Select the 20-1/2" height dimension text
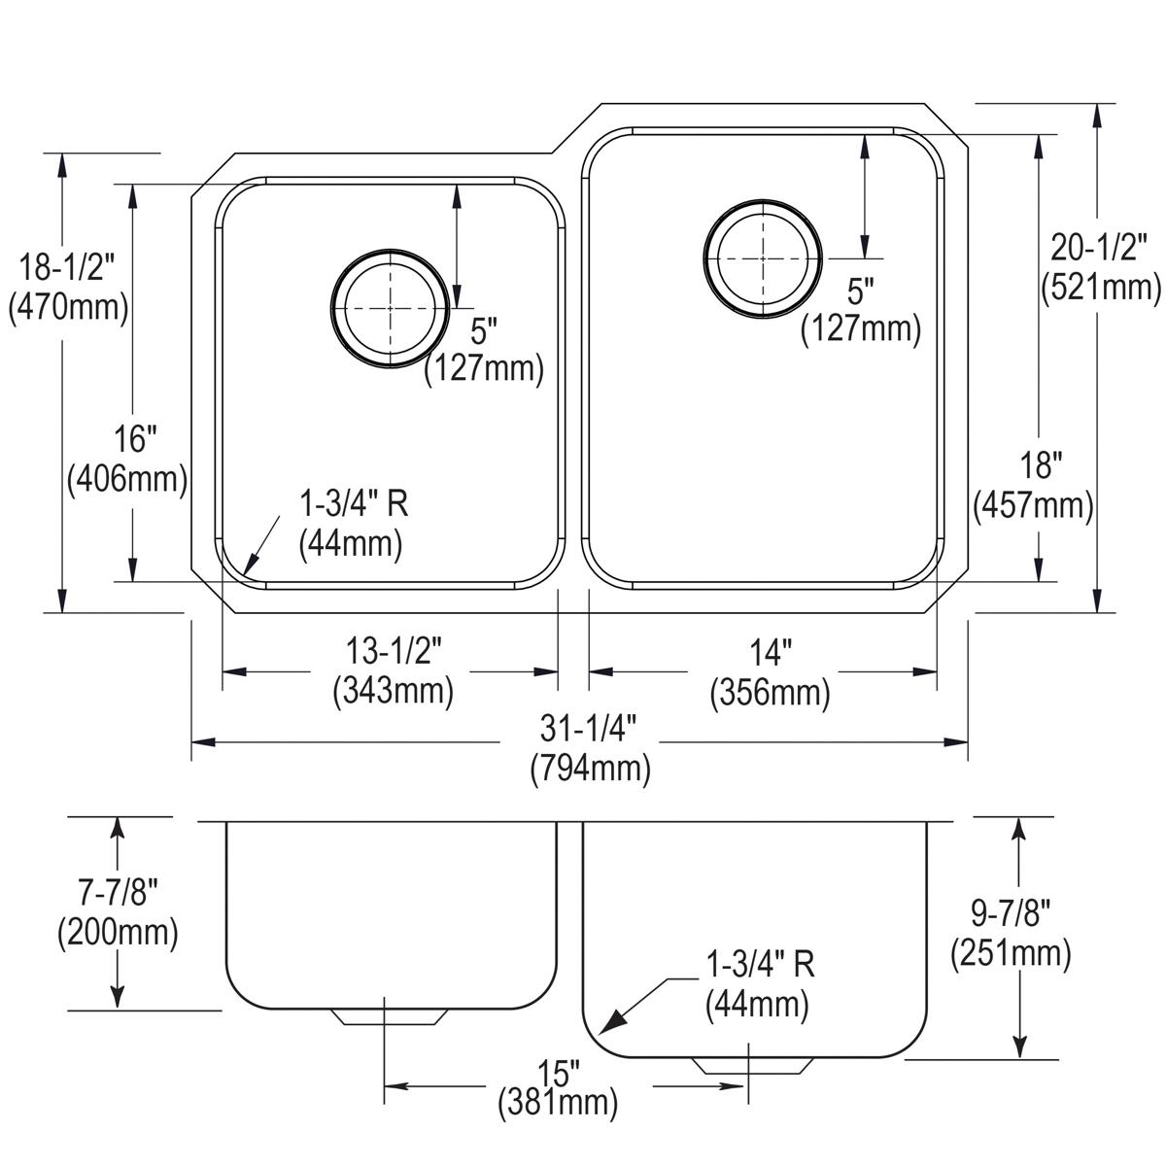1100,249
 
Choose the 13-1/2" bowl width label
394,647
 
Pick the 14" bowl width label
770,649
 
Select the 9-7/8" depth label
1011,911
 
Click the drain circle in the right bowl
763,258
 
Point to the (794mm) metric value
590,770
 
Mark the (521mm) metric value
1100,289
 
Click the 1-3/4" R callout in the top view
353,503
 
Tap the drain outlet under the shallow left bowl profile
390,1016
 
